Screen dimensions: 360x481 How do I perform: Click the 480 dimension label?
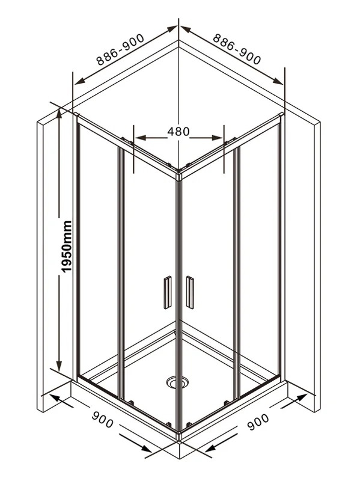pyautogui.click(x=178, y=131)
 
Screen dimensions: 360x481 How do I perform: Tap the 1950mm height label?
pyautogui.click(x=66, y=247)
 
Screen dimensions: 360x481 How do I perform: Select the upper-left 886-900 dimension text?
pyautogui.click(x=120, y=49)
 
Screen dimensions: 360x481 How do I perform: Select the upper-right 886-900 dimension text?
pyautogui.click(x=236, y=49)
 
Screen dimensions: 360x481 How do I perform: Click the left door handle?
pyautogui.click(x=168, y=292)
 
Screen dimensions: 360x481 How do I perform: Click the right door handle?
pyautogui.click(x=190, y=292)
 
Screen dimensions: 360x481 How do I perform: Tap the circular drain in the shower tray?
pyautogui.click(x=177, y=382)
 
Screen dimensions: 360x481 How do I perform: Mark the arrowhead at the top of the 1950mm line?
pyautogui.click(x=59, y=114)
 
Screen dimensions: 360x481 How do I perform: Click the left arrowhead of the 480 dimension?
pyautogui.click(x=140, y=138)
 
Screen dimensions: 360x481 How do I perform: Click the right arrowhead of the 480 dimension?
pyautogui.click(x=218, y=138)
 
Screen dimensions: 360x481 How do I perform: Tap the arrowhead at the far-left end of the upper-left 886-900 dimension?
pyautogui.click(x=79, y=81)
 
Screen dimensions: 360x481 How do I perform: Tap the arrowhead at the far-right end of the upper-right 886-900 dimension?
pyautogui.click(x=278, y=81)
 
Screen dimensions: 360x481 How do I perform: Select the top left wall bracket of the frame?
pyautogui.click(x=76, y=115)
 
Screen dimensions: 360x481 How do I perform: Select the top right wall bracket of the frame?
pyautogui.click(x=281, y=115)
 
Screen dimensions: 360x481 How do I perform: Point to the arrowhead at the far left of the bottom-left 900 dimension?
pyautogui.click(x=54, y=398)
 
